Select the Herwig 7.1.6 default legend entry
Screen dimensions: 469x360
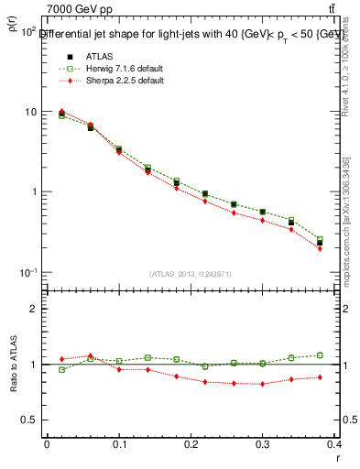point(113,68)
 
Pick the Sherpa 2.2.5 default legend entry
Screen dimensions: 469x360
point(112,81)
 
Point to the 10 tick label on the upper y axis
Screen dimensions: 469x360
point(29,112)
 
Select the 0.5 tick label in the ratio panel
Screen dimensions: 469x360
point(28,420)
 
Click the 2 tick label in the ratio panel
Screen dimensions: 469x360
point(33,309)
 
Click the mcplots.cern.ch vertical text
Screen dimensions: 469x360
point(345,229)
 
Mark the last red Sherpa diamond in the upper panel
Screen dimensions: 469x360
point(345,248)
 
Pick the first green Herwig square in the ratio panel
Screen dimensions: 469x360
point(62,369)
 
